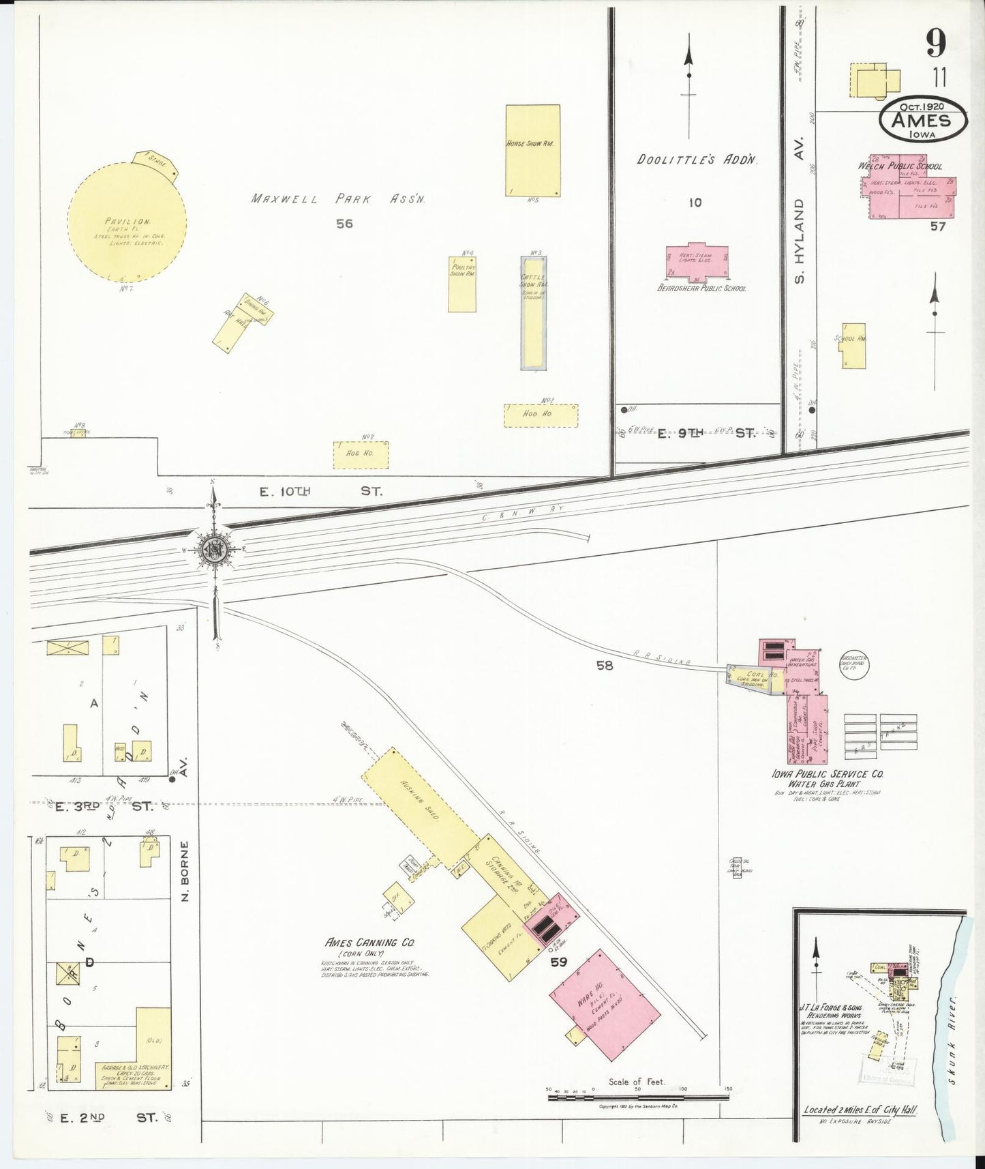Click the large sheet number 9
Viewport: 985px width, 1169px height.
point(936,44)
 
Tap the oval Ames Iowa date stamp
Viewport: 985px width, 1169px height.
point(923,120)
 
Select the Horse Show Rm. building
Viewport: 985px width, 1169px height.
point(532,150)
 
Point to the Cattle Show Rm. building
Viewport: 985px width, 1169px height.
point(533,313)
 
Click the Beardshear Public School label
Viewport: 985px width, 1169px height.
point(701,288)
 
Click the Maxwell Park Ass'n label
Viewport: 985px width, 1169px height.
point(338,199)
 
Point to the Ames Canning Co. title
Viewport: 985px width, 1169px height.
point(369,943)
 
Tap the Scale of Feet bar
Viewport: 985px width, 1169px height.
point(638,1097)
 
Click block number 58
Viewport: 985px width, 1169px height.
point(605,665)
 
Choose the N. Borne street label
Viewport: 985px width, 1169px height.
point(185,870)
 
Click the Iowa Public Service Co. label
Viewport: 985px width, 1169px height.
point(827,775)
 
